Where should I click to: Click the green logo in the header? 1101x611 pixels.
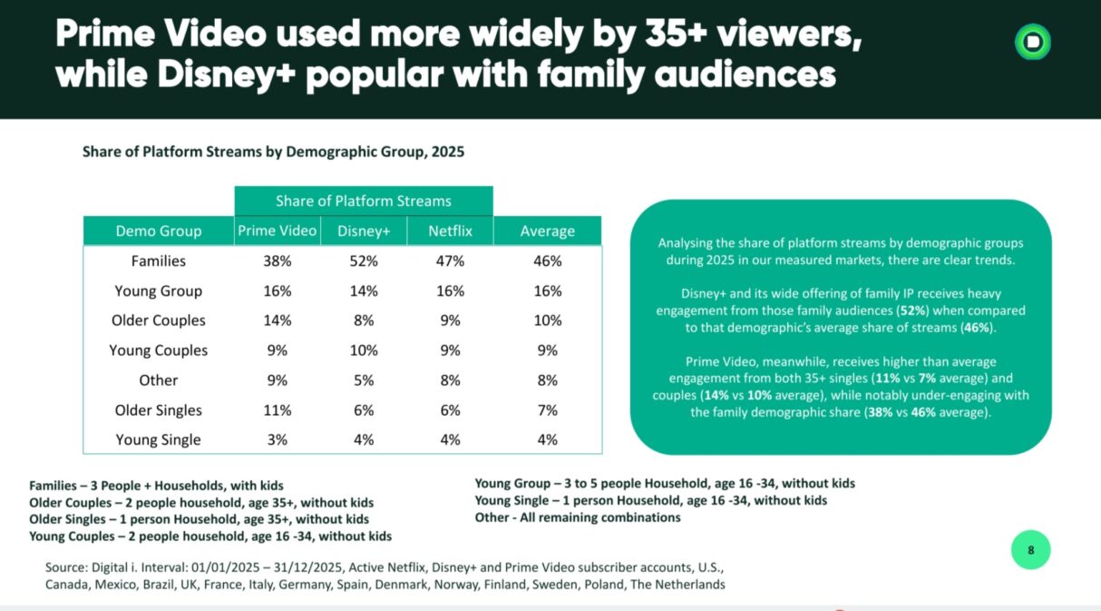[1032, 42]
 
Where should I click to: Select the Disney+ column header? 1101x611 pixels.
[364, 231]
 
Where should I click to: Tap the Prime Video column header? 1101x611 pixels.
[278, 231]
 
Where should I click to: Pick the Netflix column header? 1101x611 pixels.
[451, 231]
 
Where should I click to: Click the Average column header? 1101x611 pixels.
[547, 231]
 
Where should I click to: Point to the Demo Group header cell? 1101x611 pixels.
[159, 231]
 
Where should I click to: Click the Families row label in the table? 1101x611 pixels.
[159, 261]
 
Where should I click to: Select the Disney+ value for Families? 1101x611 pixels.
[364, 261]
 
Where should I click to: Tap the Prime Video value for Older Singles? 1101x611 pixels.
[278, 410]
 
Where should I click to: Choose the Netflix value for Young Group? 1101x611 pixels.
[451, 291]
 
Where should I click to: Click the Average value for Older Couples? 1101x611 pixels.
[548, 320]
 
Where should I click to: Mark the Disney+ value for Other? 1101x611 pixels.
[364, 380]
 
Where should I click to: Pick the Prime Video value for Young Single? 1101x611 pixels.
[278, 440]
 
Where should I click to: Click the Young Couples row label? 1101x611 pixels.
[159, 350]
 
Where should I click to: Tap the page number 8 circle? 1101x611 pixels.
[1030, 550]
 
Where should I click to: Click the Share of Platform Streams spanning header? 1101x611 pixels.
[364, 201]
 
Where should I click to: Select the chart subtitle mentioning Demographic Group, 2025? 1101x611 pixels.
[273, 152]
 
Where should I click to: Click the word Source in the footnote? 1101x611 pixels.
[65, 567]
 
